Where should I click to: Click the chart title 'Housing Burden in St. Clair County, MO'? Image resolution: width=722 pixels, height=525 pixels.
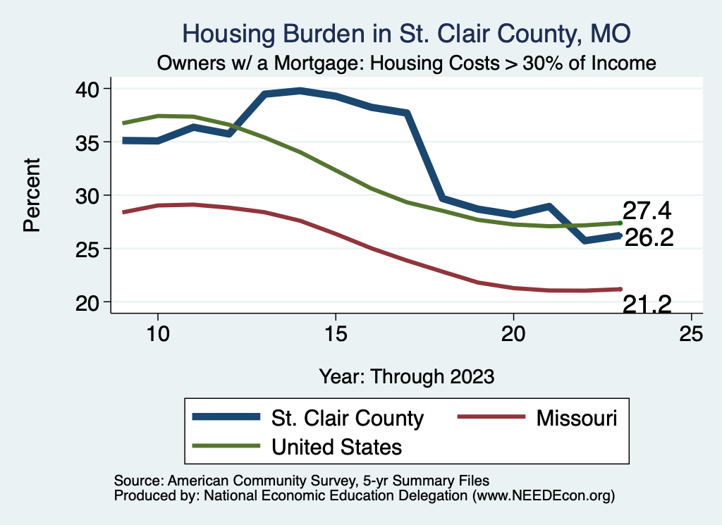point(405,34)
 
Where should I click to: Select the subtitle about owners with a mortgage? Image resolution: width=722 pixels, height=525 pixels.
point(407,63)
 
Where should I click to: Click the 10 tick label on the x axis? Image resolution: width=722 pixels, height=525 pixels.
point(158,333)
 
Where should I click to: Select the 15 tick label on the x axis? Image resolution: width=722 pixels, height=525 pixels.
point(336,333)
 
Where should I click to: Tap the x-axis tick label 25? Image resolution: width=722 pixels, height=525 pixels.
point(691,333)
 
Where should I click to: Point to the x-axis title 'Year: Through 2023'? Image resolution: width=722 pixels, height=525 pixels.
point(407,376)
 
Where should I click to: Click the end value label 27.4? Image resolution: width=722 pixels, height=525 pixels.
point(646,210)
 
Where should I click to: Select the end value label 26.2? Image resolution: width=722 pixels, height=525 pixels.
point(649,238)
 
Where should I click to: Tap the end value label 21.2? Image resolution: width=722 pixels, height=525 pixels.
point(647,304)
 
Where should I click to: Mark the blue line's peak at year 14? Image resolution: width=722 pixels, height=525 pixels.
point(300,90)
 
